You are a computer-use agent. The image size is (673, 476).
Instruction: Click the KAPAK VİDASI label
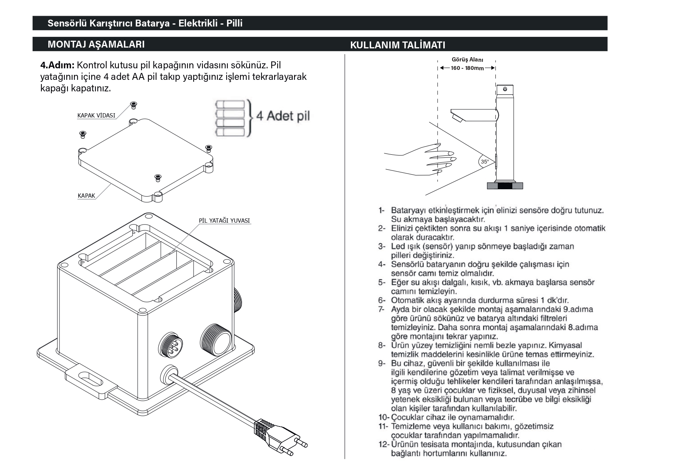coord(96,116)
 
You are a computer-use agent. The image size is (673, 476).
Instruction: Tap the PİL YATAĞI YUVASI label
coord(224,221)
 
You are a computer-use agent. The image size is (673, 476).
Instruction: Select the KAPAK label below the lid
coord(86,196)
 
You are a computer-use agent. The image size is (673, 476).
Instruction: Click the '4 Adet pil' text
coord(283,116)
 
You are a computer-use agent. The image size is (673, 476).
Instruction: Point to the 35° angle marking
coord(485,162)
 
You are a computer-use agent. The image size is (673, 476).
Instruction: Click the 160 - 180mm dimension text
coord(467,68)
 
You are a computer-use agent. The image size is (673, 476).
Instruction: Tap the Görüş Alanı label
coord(467,60)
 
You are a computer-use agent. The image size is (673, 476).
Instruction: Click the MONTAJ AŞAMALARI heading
coord(96,44)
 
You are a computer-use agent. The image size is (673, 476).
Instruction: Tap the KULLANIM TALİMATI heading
coord(398,45)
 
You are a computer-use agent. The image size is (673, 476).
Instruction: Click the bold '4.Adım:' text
coord(58,65)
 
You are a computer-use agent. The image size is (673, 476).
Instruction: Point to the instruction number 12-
coord(384,445)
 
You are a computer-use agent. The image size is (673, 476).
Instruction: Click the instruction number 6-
coord(382,300)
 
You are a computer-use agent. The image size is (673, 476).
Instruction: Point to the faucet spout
coord(474,114)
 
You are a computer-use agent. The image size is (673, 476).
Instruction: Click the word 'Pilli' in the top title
coord(234,23)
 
